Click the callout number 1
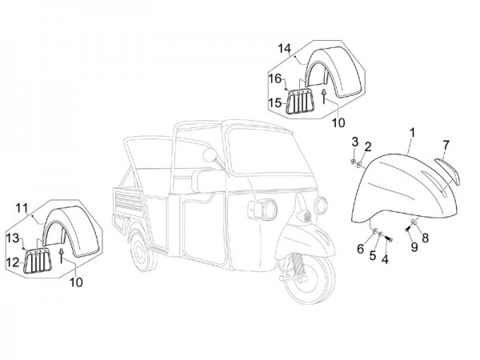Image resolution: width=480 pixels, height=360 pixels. [x=412, y=132]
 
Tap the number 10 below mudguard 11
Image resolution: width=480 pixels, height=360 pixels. [x=76, y=282]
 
